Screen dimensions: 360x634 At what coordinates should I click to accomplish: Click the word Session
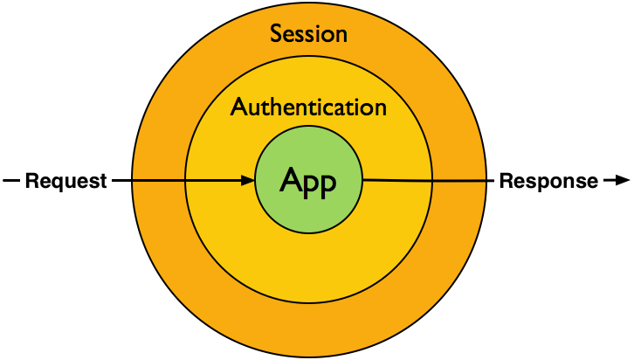tap(308, 34)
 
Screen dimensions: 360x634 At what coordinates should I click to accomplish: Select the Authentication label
tap(308, 107)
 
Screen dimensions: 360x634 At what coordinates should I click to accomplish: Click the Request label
tap(65, 182)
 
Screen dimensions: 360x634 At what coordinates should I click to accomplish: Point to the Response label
tap(548, 182)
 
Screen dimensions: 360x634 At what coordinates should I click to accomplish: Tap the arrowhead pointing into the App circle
tap(247, 181)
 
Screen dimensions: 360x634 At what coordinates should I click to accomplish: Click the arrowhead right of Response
tap(622, 181)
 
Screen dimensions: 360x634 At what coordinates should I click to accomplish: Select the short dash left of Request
tap(11, 181)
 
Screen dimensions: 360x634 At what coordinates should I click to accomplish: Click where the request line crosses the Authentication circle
tap(185, 181)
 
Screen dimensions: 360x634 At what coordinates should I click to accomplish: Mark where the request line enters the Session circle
tap(133, 181)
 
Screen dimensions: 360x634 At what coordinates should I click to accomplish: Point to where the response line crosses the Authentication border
tap(431, 181)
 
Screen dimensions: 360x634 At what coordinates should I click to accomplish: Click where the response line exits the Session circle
tap(486, 181)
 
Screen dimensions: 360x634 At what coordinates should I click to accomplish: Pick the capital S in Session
tap(276, 34)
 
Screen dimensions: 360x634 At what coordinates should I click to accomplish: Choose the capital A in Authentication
tap(238, 107)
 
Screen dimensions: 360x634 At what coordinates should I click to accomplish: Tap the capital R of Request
tap(31, 182)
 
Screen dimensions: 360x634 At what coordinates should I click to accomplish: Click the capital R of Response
tap(505, 182)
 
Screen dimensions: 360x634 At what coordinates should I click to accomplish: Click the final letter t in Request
tap(103, 182)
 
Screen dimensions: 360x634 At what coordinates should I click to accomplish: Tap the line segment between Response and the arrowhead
tap(608, 181)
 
